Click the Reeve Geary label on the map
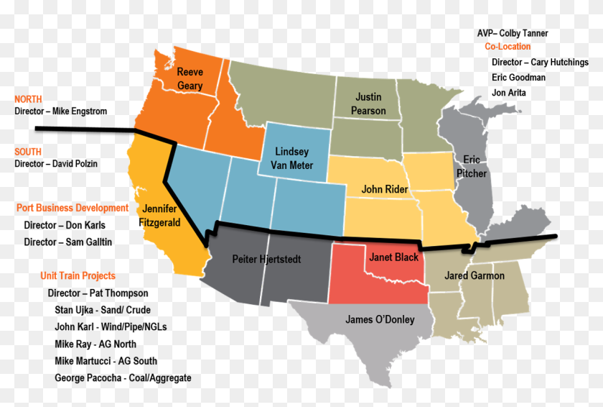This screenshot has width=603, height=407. [190, 78]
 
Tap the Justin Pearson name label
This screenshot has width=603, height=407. [368, 104]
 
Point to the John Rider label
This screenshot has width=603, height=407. [385, 189]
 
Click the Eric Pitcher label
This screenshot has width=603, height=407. [471, 166]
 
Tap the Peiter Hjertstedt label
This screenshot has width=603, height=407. [266, 259]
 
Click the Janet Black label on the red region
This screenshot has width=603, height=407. [393, 257]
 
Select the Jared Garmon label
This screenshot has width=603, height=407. [475, 275]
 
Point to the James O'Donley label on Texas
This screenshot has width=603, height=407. [380, 319]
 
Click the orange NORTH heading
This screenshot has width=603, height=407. [28, 99]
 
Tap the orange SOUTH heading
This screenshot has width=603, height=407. [28, 152]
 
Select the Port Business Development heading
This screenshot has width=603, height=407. [73, 208]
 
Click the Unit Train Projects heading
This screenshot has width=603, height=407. [78, 275]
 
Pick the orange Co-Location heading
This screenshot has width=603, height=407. [508, 47]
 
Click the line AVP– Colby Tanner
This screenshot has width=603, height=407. [512, 33]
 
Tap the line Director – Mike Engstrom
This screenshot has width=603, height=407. [60, 111]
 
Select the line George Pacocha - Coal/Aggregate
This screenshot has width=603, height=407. [123, 378]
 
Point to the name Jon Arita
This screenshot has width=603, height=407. [508, 93]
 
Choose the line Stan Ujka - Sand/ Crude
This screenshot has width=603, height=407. [103, 310]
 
